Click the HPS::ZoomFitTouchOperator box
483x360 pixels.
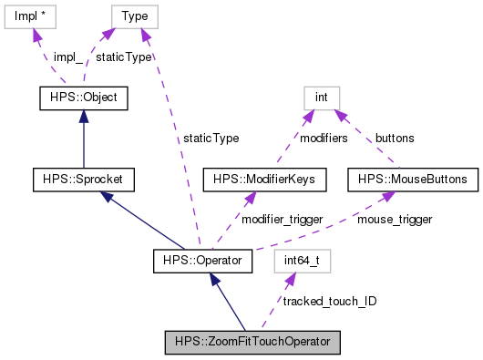point(252,343)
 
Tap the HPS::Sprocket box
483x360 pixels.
point(83,180)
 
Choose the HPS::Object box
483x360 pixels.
point(83,97)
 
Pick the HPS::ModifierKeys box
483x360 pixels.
point(265,180)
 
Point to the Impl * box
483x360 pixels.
point(32,15)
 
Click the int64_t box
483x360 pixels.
point(302,262)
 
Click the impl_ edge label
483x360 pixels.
point(67,57)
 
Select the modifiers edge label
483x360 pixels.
point(324,139)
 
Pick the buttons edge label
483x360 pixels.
point(394,139)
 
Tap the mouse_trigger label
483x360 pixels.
point(394,220)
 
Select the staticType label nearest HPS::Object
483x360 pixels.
point(124,57)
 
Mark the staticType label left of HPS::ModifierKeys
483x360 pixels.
point(211,139)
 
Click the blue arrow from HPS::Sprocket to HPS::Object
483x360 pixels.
point(83,137)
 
